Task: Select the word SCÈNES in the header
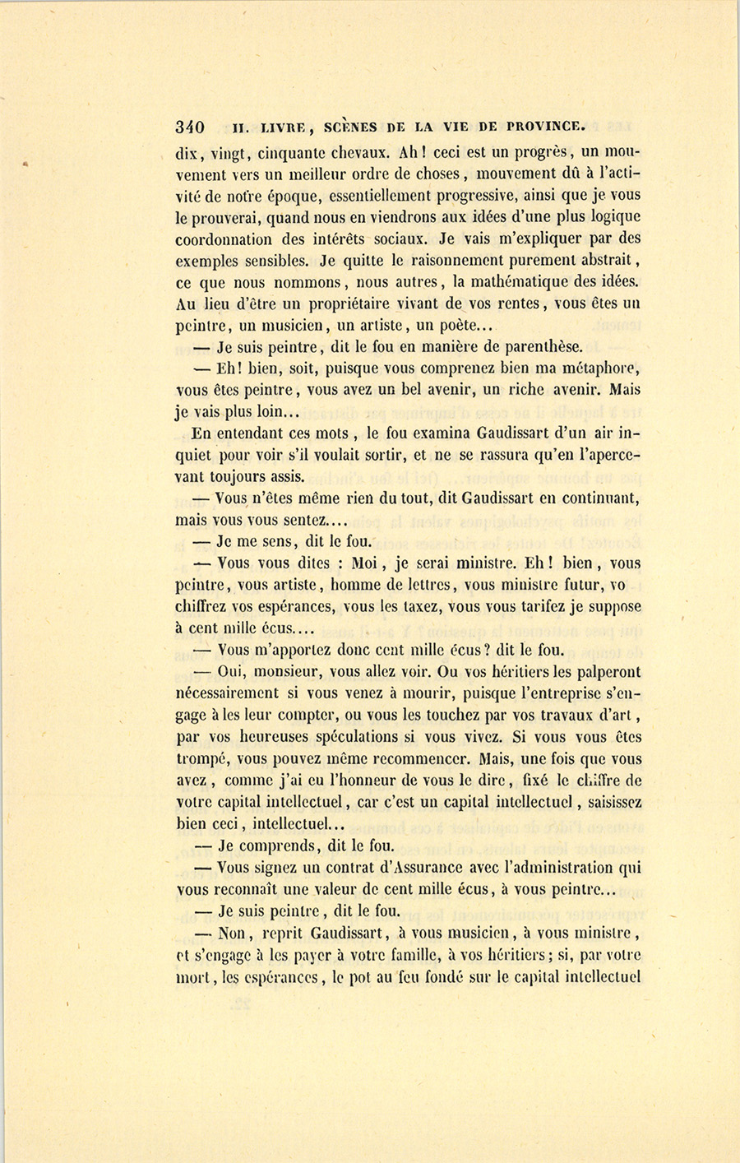pos(351,127)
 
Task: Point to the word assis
pos(285,476)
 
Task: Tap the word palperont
pos(605,671)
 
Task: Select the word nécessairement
pos(232,693)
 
